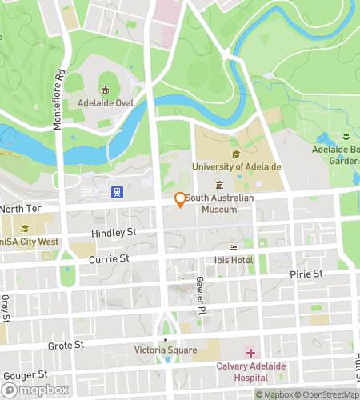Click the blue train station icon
(117, 192)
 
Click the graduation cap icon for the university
(235, 154)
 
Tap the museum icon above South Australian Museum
(219, 186)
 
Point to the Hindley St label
(107, 232)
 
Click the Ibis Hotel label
(234, 261)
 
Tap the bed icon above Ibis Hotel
(234, 247)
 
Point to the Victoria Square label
(166, 350)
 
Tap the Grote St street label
(66, 346)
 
